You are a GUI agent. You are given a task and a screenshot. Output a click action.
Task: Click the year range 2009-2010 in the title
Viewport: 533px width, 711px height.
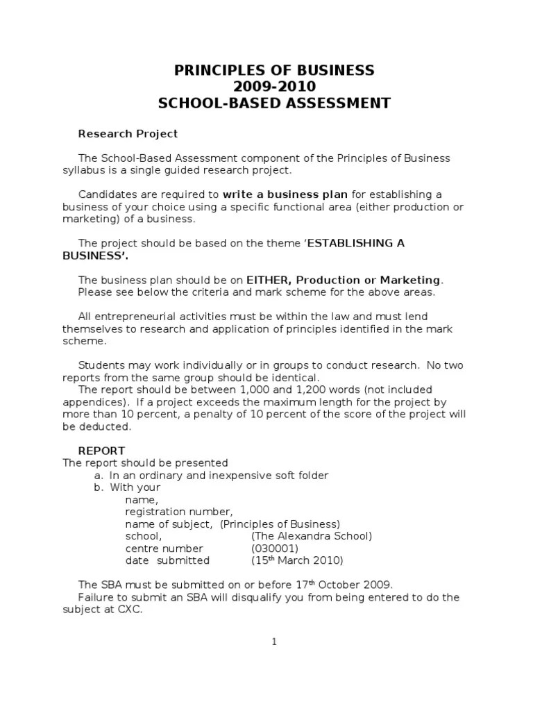pyautogui.click(x=274, y=87)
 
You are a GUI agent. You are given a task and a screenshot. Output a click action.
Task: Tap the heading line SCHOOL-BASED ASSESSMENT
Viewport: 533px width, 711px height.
pyautogui.click(x=274, y=104)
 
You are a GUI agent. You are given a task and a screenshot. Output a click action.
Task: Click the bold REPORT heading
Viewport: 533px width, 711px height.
pyautogui.click(x=101, y=451)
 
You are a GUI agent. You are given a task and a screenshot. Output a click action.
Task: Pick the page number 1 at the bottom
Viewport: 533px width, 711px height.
pyautogui.click(x=274, y=642)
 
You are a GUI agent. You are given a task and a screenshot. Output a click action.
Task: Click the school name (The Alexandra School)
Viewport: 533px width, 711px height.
pyautogui.click(x=312, y=536)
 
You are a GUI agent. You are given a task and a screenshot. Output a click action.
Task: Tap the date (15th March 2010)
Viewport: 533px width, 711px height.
pyautogui.click(x=297, y=560)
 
